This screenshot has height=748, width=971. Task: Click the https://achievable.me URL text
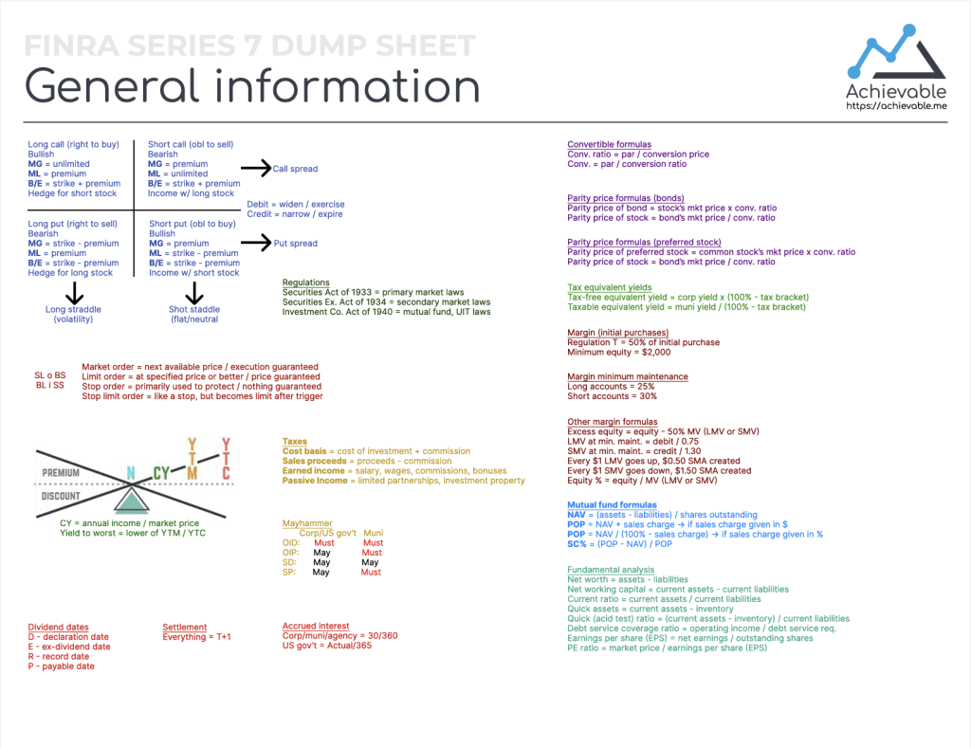pos(896,107)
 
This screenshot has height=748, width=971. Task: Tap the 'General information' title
pos(252,86)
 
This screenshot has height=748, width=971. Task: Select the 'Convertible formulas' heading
pos(609,144)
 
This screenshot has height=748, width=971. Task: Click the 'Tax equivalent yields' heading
pos(610,287)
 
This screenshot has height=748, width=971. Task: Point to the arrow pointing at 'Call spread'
pos(255,168)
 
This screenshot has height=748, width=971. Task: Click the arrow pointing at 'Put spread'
pos(255,243)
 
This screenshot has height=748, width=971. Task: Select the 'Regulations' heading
pos(306,283)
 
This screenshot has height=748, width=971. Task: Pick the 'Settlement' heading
pos(184,627)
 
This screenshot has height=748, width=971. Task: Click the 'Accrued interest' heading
pos(316,626)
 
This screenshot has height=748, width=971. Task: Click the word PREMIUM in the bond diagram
pos(61,472)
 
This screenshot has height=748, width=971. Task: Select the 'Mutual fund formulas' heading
pos(612,505)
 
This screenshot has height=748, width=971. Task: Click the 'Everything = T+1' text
pos(197,637)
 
